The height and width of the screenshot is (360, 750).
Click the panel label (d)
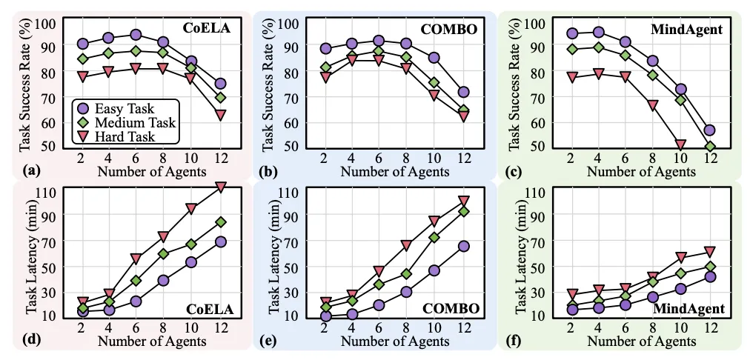[x=31, y=341]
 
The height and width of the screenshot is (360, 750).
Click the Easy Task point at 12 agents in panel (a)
[x=221, y=84]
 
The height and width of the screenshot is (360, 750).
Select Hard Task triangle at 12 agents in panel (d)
[x=221, y=188]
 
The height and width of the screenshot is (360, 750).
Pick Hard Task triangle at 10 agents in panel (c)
[x=681, y=145]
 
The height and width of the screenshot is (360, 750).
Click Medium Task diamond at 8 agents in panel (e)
[x=406, y=273]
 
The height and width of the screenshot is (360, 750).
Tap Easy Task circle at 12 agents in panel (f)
[x=709, y=276]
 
